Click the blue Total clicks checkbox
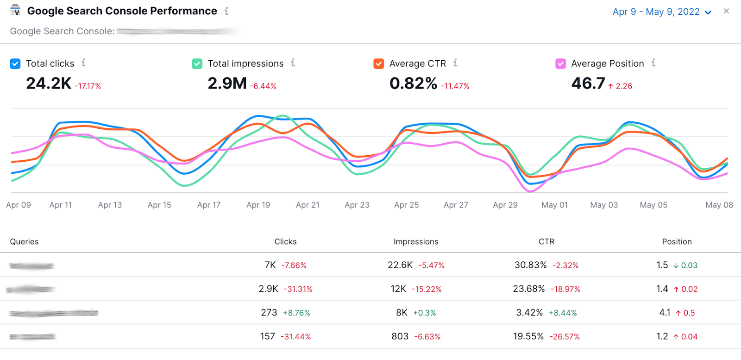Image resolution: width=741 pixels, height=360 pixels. pos(15,64)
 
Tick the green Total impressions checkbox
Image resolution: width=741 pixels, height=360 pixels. pos(197,64)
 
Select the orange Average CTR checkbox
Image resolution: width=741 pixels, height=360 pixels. pos(379,64)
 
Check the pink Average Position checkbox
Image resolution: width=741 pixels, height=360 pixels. pos(560,64)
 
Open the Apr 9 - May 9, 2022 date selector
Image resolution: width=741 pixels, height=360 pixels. pos(661,12)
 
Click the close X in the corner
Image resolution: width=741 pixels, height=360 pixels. pos(726,11)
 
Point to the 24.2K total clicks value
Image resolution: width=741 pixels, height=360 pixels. pos(49,84)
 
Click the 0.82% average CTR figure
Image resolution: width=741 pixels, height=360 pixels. pos(413,84)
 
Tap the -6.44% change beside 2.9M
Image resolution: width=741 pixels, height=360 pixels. pos(263,86)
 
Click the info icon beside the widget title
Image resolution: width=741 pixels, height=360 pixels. pos(226,11)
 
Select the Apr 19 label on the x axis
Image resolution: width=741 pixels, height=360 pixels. pos(258,205)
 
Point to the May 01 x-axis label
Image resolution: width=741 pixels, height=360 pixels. pos(554,205)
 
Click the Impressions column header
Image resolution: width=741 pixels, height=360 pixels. pos(415,242)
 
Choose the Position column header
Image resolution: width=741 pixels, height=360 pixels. pos(677,242)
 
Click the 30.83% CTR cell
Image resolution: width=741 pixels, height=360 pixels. pos(530,265)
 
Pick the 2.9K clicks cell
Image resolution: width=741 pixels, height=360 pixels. pos(268,289)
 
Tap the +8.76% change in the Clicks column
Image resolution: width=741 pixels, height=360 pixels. pos(296,313)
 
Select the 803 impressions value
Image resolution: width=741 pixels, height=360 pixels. pos(400,336)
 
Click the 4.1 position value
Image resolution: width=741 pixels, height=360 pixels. pos(665,313)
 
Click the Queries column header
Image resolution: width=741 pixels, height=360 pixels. pos(24,242)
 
